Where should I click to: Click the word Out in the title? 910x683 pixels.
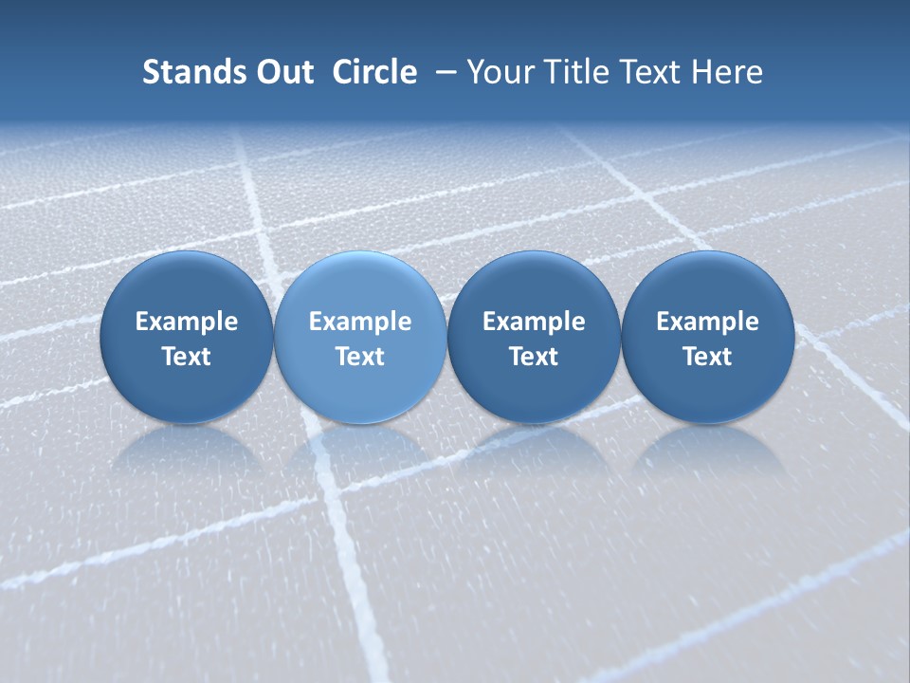point(282,72)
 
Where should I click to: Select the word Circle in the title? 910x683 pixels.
point(374,72)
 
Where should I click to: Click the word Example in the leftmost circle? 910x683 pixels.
point(186,322)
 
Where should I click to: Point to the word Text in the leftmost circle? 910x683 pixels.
point(186,357)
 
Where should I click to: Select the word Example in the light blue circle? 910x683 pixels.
point(360,322)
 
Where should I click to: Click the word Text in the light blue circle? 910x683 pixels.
point(360,357)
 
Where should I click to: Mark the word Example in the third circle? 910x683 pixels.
point(534,322)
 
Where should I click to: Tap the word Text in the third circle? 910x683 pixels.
point(534,357)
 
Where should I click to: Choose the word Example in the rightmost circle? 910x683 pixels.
point(708,322)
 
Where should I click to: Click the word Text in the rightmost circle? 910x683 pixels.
point(708,357)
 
